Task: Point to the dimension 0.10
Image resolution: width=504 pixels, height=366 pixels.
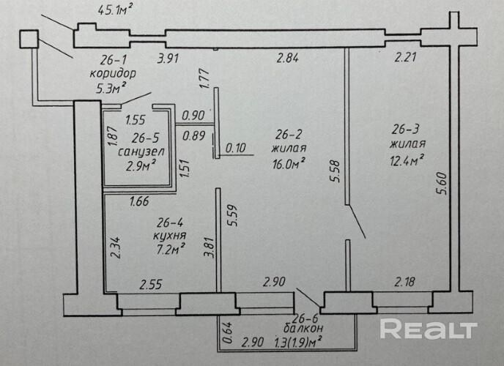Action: pos(236,148)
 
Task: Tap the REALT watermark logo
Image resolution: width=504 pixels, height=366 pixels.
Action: pos(429,331)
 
